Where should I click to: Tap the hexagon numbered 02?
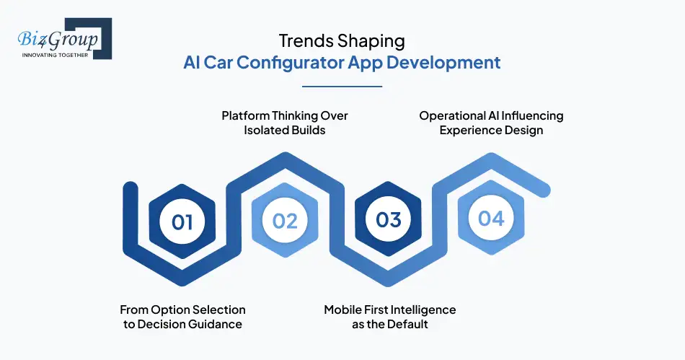pos(285,220)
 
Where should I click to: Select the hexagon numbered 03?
pos(389,219)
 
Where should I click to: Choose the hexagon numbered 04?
pos(491,217)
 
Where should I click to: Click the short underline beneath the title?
pos(342,87)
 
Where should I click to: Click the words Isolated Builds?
pos(284,131)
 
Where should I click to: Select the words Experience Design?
pos(491,131)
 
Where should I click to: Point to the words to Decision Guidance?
pos(182,325)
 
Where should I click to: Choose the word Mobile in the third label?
pos(345,309)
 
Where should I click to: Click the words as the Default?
pos(389,325)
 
